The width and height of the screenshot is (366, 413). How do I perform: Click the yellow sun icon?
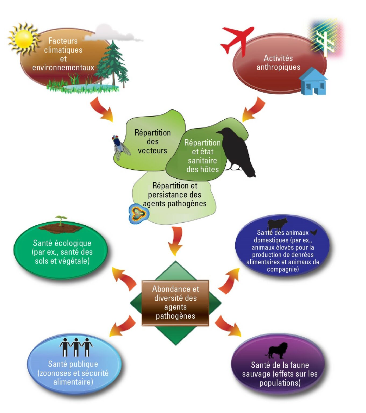[24, 39]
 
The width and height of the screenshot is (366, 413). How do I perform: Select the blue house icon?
[313, 81]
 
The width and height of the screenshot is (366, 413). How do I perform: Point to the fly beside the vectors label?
[121, 147]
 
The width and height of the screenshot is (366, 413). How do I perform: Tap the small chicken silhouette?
[314, 232]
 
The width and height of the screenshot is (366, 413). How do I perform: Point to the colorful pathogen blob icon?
[139, 214]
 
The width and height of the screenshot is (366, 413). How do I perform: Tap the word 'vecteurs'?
[152, 151]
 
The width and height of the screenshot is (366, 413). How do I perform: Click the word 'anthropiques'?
[278, 67]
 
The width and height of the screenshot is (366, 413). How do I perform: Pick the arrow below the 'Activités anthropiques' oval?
[254, 109]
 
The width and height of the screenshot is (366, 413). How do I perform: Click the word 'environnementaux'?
[63, 67]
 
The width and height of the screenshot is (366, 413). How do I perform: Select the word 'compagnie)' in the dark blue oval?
[283, 269]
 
